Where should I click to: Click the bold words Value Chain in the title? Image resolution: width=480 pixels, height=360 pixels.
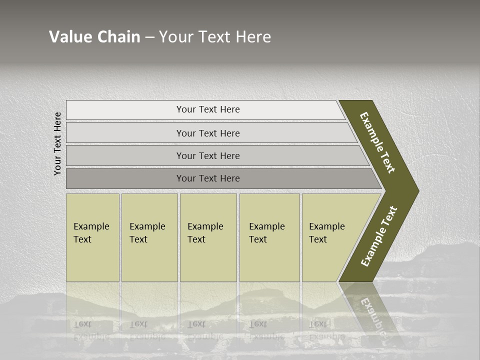[x=94, y=37]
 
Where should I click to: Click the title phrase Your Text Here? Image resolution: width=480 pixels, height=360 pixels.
[x=215, y=37]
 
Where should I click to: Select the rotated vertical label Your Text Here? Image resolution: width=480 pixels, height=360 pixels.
[x=57, y=143]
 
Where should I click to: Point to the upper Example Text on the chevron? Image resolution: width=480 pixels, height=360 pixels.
[x=377, y=142]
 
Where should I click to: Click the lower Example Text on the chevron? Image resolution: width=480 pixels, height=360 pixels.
[x=379, y=236]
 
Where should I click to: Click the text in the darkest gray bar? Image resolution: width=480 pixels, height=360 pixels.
[x=208, y=178]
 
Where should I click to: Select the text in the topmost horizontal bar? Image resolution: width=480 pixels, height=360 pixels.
[x=208, y=109]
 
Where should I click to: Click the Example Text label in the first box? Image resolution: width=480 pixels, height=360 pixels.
[x=91, y=233]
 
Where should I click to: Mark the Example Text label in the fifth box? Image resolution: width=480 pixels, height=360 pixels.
[x=326, y=233]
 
